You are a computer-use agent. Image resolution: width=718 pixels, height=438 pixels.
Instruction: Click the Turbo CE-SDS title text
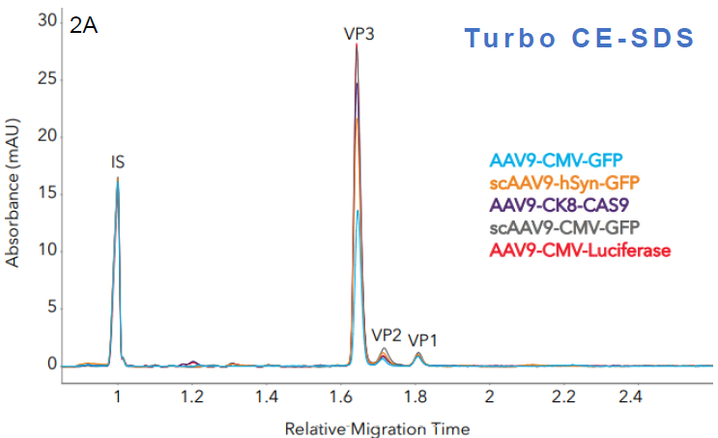tap(579, 38)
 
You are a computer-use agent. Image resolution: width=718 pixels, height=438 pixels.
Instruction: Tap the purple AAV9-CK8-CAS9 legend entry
tap(558, 205)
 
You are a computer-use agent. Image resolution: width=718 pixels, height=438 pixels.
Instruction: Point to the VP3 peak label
tap(359, 33)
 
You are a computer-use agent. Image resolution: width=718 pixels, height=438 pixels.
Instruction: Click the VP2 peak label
tap(387, 335)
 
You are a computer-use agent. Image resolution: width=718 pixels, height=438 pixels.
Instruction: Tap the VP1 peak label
tap(422, 340)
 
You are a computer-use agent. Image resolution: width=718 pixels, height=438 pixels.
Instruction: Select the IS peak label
tap(117, 163)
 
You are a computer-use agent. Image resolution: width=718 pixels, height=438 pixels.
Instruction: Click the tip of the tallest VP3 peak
tap(357, 44)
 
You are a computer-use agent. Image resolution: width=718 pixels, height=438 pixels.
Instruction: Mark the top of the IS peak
tap(118, 178)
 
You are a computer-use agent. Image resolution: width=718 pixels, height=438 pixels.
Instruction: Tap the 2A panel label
tap(83, 26)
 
